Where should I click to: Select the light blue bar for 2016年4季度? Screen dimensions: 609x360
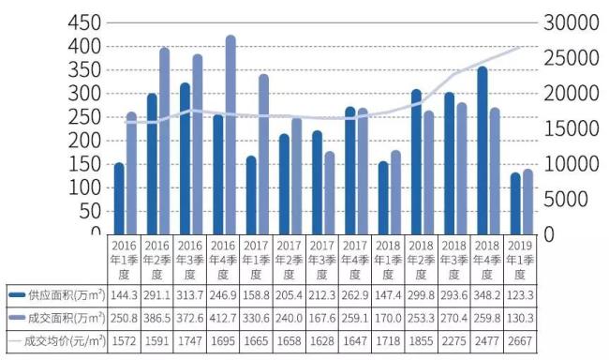click(230, 135)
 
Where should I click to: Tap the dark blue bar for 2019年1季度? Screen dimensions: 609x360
click(515, 203)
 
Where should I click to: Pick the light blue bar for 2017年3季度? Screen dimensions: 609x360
click(330, 193)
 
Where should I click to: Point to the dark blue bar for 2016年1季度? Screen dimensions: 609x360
click(119, 199)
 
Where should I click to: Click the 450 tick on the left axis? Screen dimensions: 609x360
click(84, 22)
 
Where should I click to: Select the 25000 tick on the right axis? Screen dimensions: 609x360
click(571, 58)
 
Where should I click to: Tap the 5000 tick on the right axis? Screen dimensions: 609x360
click(566, 199)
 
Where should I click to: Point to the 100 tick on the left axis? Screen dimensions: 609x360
click(84, 188)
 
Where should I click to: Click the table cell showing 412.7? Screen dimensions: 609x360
click(223, 319)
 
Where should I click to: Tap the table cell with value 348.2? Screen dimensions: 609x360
click(487, 295)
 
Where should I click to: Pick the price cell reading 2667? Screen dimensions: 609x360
click(520, 341)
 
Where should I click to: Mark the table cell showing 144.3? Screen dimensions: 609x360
click(124, 295)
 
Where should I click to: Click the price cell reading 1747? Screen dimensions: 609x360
click(190, 341)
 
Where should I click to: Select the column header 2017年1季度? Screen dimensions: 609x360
click(256, 260)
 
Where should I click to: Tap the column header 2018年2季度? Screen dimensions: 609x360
click(421, 260)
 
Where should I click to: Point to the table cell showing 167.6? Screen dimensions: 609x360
click(322, 319)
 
